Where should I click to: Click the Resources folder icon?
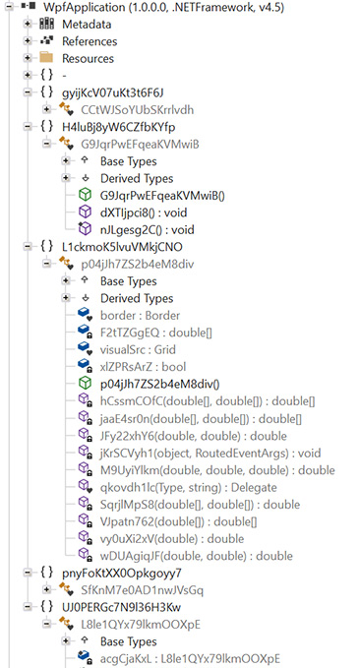(46, 58)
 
